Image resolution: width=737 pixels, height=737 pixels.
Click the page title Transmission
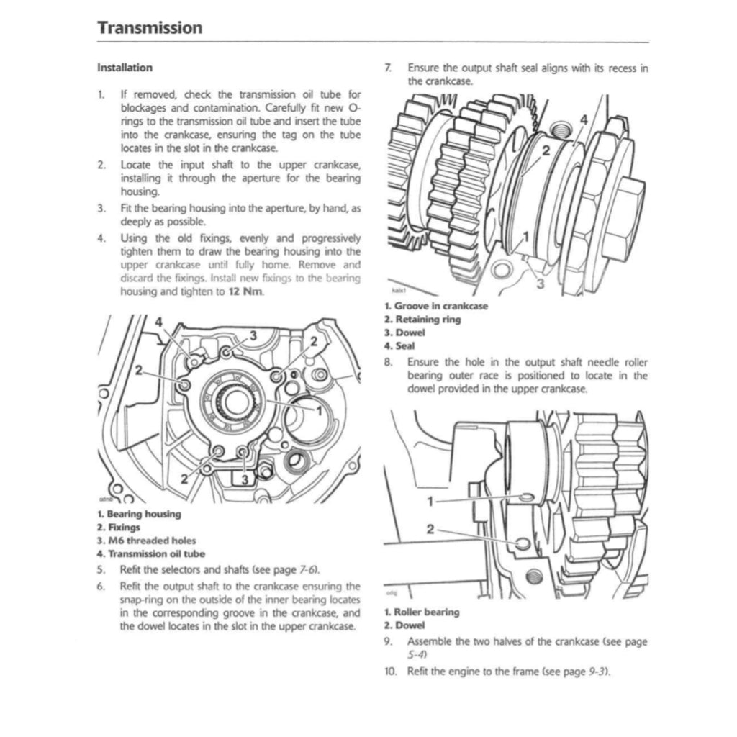pos(150,28)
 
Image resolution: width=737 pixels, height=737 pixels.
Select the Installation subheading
pos(125,68)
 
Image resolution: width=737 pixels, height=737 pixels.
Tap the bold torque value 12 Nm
pos(245,292)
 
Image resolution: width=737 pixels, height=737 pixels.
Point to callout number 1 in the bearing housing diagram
pos(317,409)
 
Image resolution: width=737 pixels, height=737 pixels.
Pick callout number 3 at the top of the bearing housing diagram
pos(253,335)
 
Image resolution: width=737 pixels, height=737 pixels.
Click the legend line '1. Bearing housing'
pos(139,514)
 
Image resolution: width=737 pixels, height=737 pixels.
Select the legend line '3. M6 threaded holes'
pos(146,541)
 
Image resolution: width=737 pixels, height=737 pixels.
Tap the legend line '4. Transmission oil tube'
pos(150,553)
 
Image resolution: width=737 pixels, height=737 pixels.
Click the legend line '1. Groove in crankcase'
pos(435,306)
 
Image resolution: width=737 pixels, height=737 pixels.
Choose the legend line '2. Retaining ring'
pos(422,319)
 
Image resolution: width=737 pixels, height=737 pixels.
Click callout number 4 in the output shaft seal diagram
pos(583,119)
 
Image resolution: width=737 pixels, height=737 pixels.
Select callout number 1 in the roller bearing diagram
pos(430,500)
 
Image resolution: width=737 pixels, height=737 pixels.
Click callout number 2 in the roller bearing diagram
pos(430,529)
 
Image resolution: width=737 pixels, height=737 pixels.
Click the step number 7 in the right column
pos(388,68)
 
